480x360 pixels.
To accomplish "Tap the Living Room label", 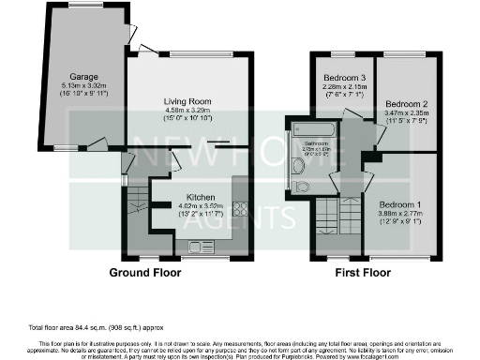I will (x=191, y=100).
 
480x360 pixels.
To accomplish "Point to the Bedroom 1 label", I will (x=400, y=203).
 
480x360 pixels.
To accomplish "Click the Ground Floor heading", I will (x=144, y=274).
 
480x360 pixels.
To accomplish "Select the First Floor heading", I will (x=364, y=274).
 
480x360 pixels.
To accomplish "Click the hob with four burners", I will (x=239, y=209).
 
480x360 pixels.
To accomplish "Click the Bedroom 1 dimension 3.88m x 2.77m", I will (x=400, y=214).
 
